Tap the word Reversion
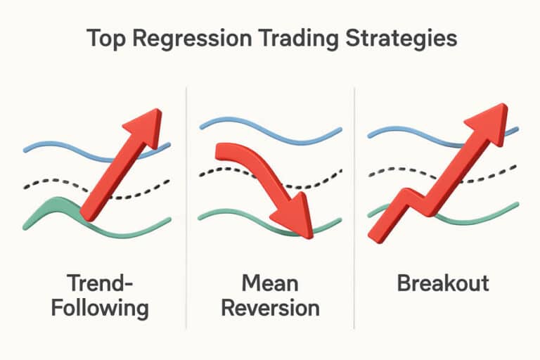[270, 308]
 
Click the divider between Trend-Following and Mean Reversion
[186, 211]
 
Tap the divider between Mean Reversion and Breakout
[354, 211]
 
